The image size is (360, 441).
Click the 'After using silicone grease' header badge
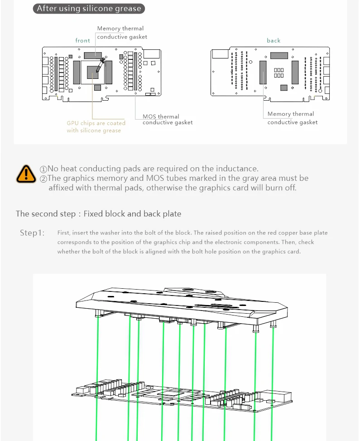pyautogui.click(x=89, y=9)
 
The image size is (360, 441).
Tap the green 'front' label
pyautogui.click(x=83, y=41)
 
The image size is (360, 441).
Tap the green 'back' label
pyautogui.click(x=274, y=41)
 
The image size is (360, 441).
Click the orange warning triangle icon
pyautogui.click(x=26, y=174)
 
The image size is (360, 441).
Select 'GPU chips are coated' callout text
pyautogui.click(x=96, y=123)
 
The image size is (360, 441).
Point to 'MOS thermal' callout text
pyautogui.click(x=161, y=116)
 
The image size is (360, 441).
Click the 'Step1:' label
pyautogui.click(x=32, y=233)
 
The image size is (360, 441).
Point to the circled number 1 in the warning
pyautogui.click(x=43, y=169)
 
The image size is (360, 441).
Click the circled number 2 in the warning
pyautogui.click(x=43, y=179)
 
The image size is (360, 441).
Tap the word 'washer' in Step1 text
pyautogui.click(x=122, y=233)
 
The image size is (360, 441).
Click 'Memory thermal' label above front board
pyautogui.click(x=120, y=29)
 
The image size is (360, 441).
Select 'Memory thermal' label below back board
pyautogui.click(x=290, y=114)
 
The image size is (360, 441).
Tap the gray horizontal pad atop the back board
pyautogui.click(x=278, y=56)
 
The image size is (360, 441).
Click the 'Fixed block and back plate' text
pyautogui.click(x=132, y=214)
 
